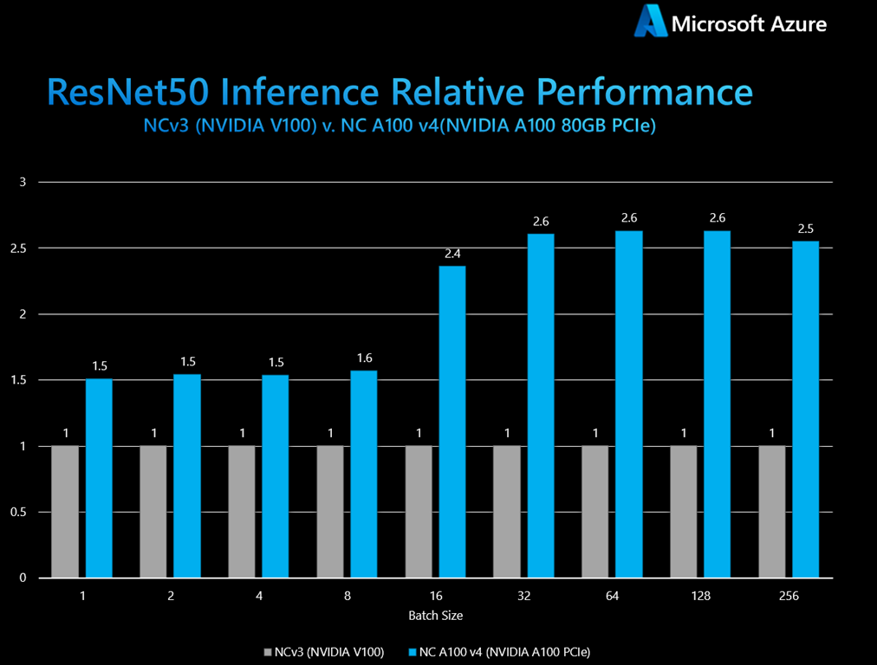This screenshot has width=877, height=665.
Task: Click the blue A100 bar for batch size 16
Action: [x=452, y=421]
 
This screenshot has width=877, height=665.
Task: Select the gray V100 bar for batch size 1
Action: [x=65, y=511]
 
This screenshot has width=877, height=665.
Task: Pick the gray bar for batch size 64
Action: [x=595, y=511]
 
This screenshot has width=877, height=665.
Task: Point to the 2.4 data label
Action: [x=452, y=254]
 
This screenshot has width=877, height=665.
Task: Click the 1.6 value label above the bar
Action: [x=364, y=358]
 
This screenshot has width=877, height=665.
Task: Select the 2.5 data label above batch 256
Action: [x=805, y=229]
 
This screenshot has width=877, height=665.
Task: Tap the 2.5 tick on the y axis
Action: [x=22, y=249]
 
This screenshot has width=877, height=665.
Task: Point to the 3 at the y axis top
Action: [x=24, y=182]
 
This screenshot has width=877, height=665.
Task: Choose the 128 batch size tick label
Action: [x=700, y=596]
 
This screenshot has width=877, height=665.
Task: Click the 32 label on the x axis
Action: [x=523, y=596]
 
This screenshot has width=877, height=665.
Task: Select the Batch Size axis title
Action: [x=435, y=616]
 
